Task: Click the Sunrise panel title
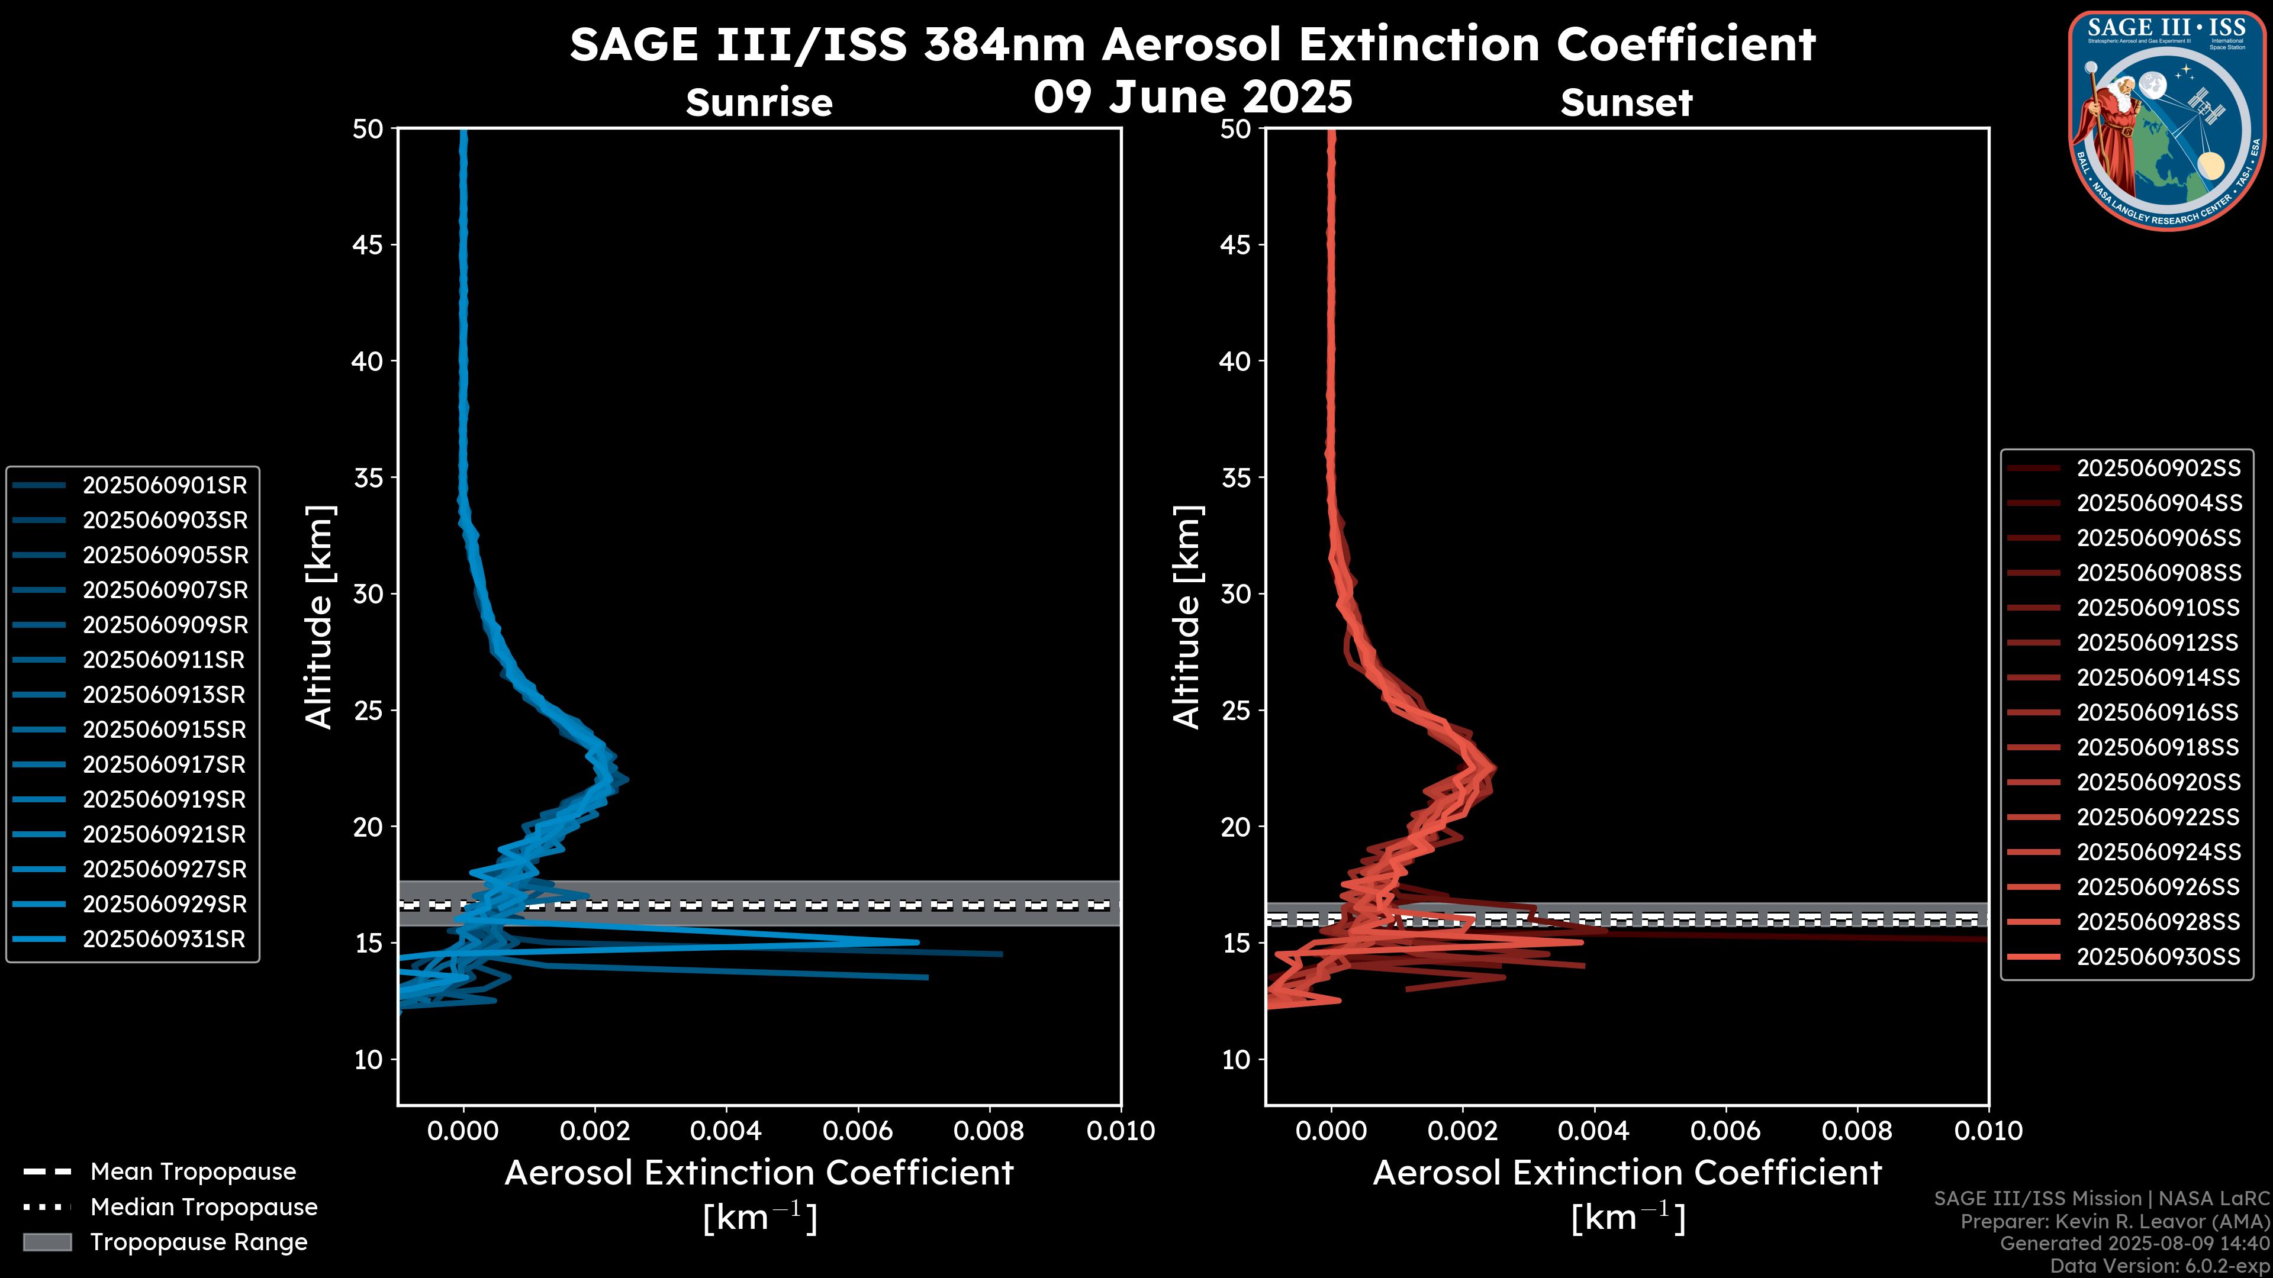tap(759, 102)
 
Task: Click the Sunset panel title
tap(1626, 102)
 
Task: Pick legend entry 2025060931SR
tap(164, 938)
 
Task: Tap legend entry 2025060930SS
tap(2158, 956)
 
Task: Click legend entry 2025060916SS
tap(2158, 712)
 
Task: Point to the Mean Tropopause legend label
tap(193, 1171)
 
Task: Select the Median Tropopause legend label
tap(204, 1206)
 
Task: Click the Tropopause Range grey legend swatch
tap(47, 1242)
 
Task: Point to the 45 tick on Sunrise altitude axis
tap(368, 244)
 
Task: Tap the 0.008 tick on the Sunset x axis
tap(1857, 1131)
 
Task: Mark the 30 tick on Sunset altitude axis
tap(1236, 593)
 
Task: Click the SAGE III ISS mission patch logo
tap(2167, 120)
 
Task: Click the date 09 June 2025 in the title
tap(1193, 96)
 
